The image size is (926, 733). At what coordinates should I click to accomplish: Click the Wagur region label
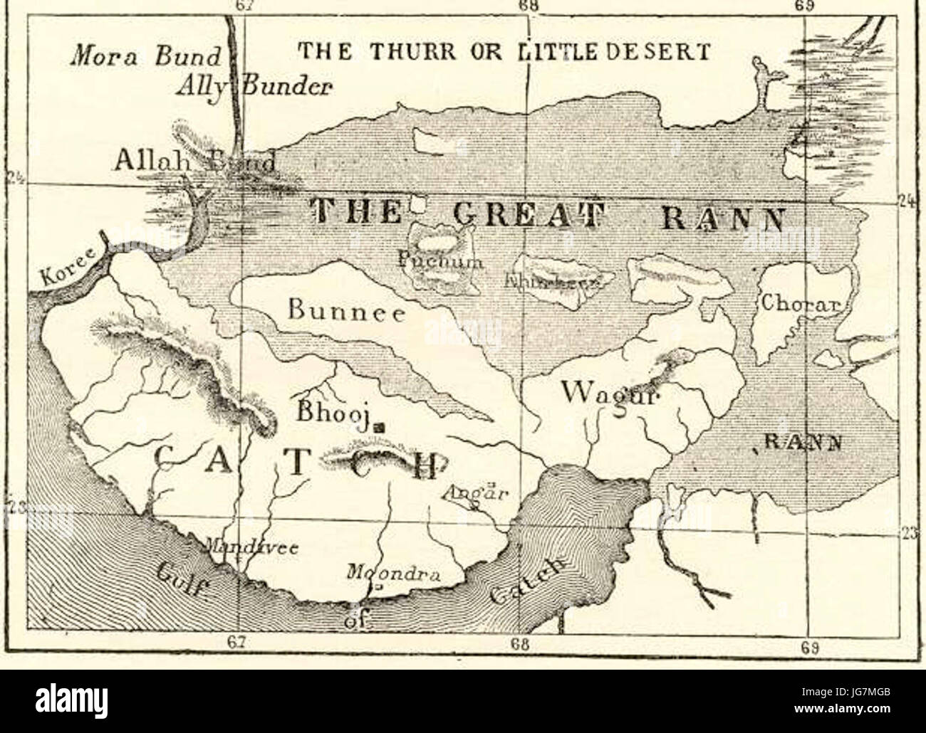[611, 392]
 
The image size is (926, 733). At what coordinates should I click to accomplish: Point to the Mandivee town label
[251, 548]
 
